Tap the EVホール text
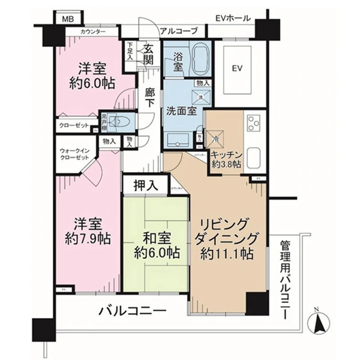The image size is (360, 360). [x=233, y=18]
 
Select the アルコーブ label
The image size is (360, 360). [x=175, y=31]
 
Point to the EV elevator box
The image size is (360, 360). [x=238, y=68]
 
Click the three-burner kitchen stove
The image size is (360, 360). [x=253, y=123]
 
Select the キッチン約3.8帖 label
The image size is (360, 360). [x=226, y=158]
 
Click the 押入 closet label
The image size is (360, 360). [x=146, y=186]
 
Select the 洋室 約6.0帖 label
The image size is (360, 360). [x=86, y=76]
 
